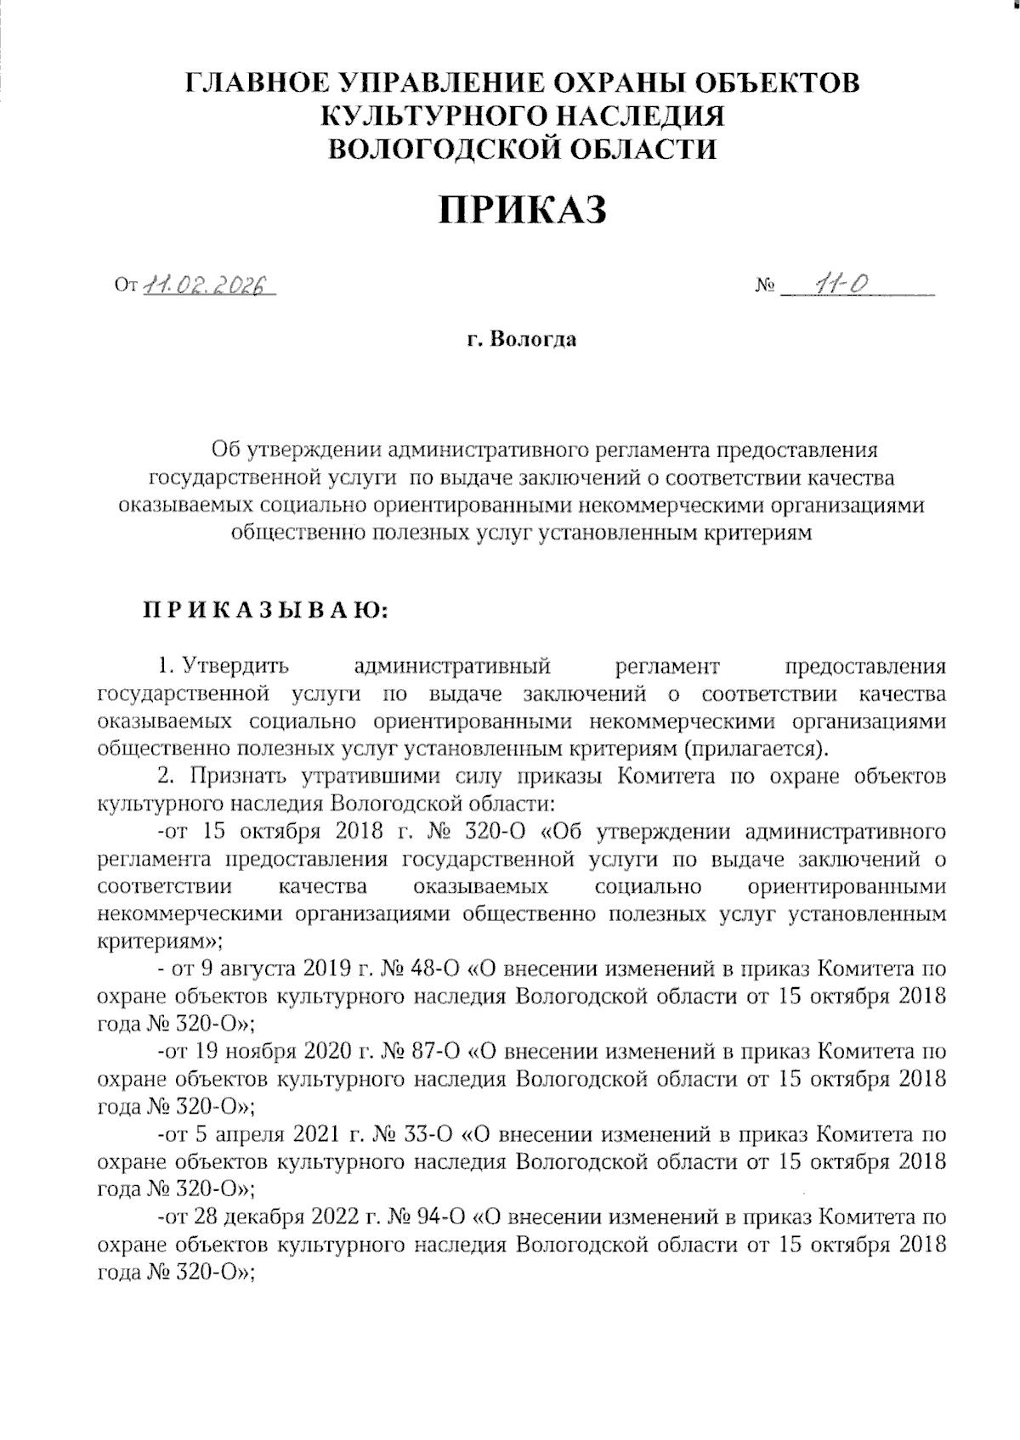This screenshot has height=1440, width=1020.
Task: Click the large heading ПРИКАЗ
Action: click(522, 209)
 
